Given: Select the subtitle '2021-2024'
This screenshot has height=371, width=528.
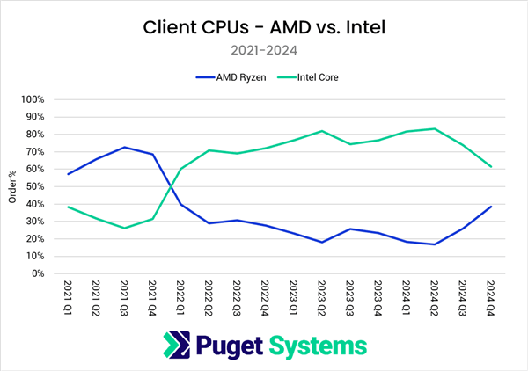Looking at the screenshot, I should [x=264, y=52].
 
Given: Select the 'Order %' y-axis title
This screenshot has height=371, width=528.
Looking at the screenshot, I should [x=12, y=186].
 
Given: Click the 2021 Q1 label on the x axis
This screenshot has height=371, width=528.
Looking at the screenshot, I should [x=68, y=298].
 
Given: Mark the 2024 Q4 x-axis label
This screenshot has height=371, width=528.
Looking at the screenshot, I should [x=489, y=298].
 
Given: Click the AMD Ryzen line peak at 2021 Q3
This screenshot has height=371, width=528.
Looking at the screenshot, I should [x=125, y=148].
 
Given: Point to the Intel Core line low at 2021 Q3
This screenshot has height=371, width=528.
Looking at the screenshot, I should [x=125, y=228].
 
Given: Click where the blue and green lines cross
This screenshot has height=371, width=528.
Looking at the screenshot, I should [x=170, y=186].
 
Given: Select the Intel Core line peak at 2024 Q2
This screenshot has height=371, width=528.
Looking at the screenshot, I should [x=434, y=129].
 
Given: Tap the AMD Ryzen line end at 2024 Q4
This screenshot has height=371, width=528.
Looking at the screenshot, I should [x=490, y=207].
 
